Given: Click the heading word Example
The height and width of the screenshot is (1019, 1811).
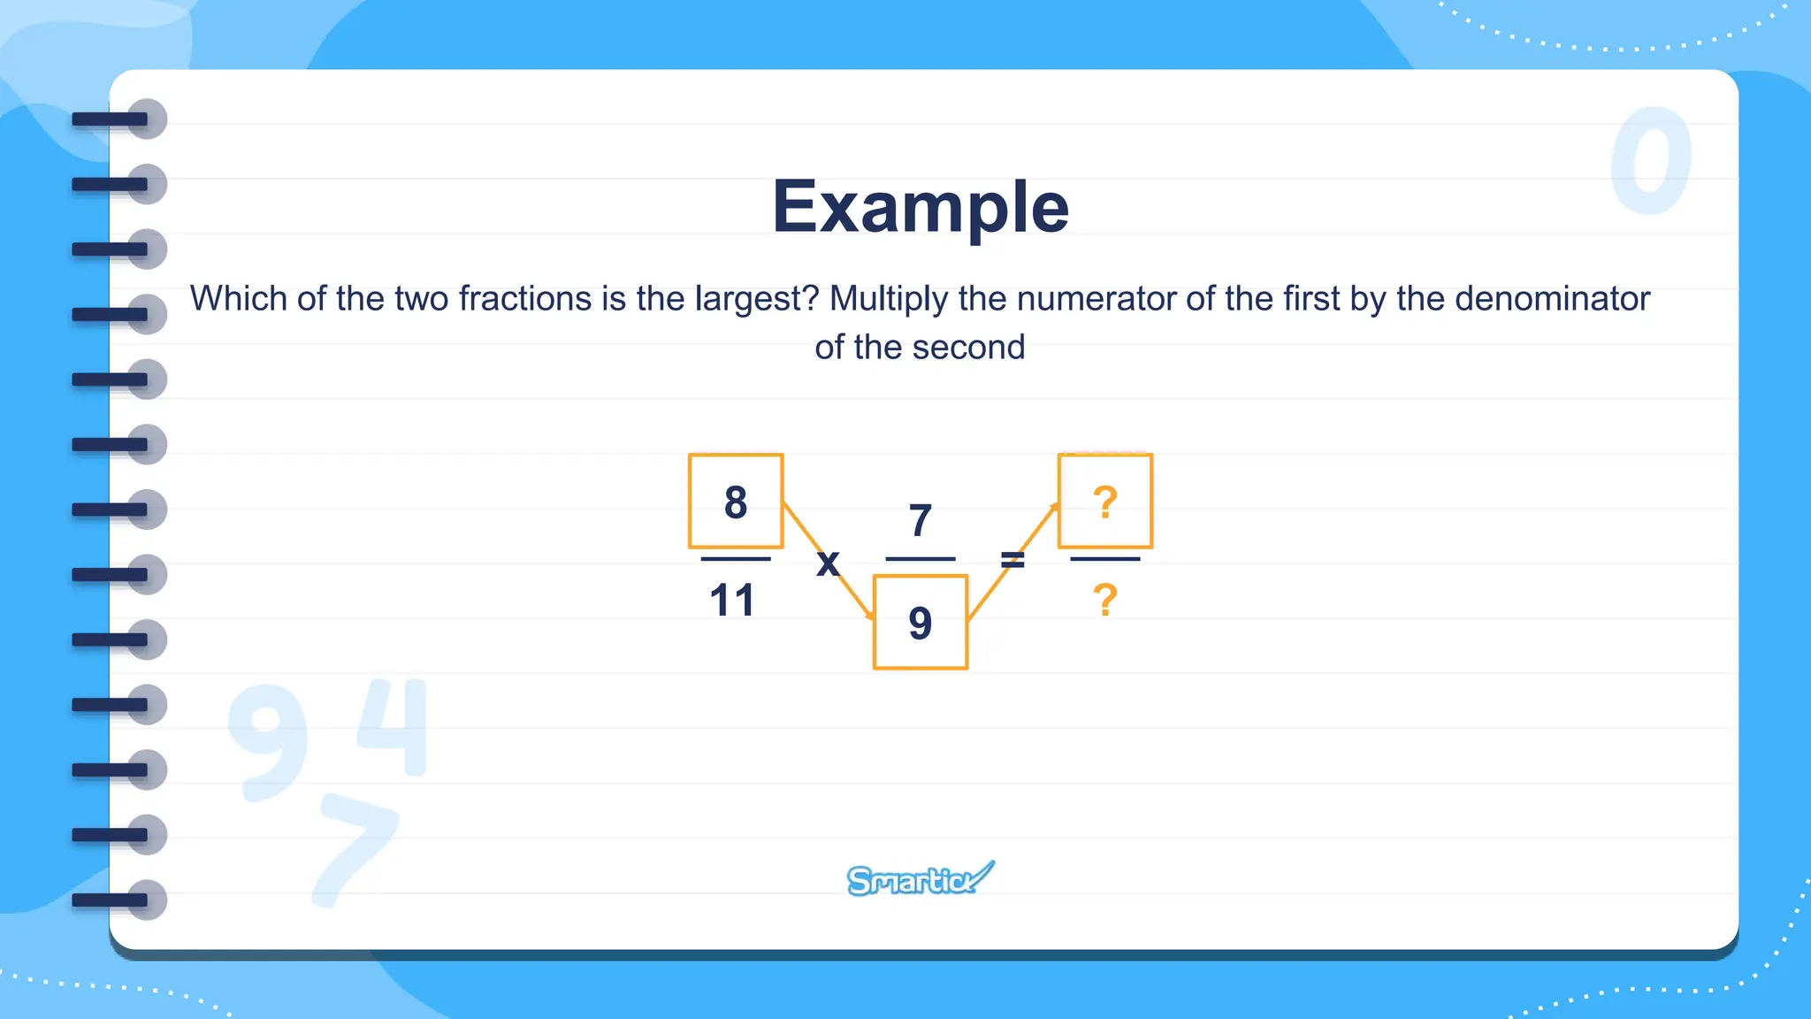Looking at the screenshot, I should [920, 207].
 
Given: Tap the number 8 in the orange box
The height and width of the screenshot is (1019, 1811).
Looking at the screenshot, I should [736, 502].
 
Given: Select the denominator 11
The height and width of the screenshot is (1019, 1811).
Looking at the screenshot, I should [732, 601].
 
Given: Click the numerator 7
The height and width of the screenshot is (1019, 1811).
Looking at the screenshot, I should [921, 520].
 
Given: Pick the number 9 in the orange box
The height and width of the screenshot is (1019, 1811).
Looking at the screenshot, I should [921, 623].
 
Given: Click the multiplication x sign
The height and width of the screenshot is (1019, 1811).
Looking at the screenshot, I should [828, 563].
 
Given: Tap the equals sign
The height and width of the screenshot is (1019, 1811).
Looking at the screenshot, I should [1012, 559].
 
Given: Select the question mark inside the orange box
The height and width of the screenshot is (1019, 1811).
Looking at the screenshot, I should [1105, 502].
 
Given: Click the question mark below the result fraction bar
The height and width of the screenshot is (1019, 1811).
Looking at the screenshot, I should [1105, 601].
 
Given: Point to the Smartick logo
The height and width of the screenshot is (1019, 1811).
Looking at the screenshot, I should [920, 879].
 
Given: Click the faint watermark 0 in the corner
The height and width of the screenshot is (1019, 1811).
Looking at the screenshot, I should [1650, 161].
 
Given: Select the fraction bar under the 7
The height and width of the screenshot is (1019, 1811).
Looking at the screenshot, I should [921, 559].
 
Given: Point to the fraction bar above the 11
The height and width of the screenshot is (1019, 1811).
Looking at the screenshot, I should [736, 559].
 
